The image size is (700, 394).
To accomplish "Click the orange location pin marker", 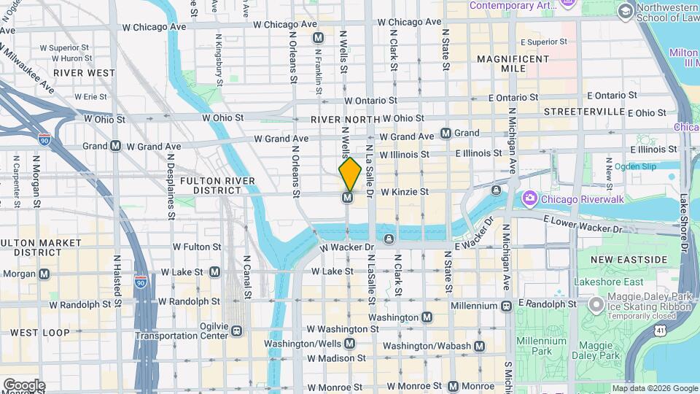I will click(350, 174).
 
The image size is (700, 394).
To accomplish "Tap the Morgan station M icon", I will click(44, 274).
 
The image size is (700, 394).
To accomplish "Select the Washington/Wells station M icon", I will click(350, 344).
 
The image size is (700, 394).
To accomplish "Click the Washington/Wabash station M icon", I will click(479, 346).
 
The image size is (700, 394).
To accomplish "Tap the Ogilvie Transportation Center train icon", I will click(236, 331).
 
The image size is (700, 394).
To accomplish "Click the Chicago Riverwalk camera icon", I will click(529, 198).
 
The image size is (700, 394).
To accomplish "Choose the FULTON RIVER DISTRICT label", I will click(217, 185).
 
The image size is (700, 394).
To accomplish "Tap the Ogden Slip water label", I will click(635, 166).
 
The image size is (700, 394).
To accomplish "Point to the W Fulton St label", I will click(196, 247).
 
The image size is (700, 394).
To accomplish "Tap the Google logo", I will click(23, 385).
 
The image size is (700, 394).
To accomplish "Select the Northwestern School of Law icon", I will click(625, 11).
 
